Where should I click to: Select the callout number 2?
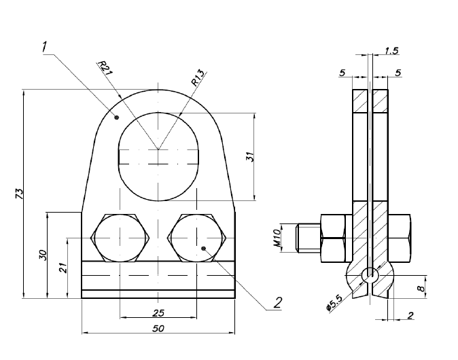277,302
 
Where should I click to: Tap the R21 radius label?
104,69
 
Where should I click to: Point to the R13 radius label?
198,77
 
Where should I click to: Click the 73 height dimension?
20,194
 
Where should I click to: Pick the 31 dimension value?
249,156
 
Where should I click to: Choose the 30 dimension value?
43,255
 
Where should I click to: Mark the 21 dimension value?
63,268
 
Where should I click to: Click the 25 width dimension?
158,312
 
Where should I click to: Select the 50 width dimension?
158,329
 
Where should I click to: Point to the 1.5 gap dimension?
392,51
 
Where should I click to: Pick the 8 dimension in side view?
421,288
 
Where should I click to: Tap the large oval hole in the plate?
158,156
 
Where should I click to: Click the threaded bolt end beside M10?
309,238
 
